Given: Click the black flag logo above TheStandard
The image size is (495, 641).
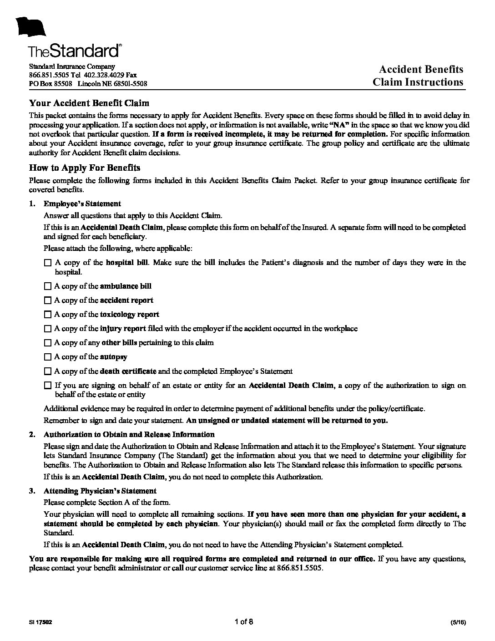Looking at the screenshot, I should point(31,27).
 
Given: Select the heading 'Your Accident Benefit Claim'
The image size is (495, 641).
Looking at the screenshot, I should point(89,103).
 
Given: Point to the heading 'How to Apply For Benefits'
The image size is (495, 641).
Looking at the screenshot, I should point(85,168).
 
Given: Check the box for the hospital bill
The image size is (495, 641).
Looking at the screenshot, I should point(48,263).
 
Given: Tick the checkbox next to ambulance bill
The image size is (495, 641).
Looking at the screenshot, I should point(48,286).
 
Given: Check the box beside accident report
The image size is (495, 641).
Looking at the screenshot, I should point(48,300).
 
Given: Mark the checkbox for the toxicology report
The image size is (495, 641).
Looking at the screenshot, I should point(48,315).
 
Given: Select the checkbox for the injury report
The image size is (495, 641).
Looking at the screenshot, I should point(48,329).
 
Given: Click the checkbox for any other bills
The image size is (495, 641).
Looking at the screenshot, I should point(48,343).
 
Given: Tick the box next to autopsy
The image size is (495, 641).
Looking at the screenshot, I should point(48,357).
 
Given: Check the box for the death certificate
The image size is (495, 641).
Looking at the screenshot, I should point(48,371).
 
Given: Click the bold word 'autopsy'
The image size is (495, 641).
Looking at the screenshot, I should point(114,357).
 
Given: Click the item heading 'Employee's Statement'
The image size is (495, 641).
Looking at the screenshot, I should point(82,203).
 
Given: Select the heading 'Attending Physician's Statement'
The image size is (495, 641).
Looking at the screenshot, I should point(100,491).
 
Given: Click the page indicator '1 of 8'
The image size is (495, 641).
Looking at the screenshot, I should point(244,622).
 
